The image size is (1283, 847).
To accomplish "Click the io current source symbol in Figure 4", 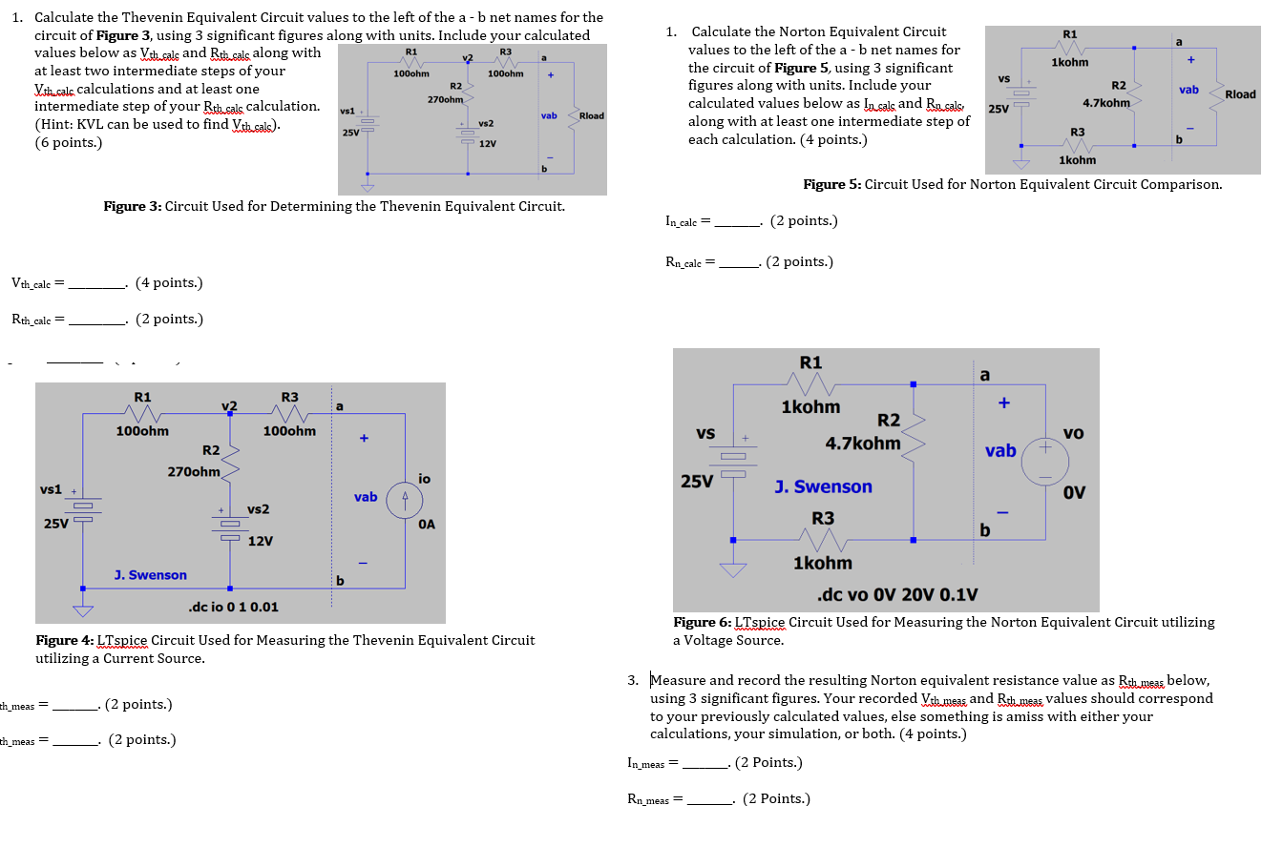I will tap(405, 497).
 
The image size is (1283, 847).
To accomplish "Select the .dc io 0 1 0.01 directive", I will tap(234, 607).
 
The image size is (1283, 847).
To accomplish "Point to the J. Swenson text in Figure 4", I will tap(150, 575).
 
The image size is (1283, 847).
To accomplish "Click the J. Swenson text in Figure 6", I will tap(823, 487).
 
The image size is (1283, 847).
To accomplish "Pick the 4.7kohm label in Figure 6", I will tap(863, 444).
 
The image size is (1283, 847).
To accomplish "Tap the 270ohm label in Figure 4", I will tap(195, 471).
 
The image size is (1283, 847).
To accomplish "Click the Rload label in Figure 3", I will tap(592, 115).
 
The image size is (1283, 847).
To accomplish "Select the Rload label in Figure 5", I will tap(1240, 94).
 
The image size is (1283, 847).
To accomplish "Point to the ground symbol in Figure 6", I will tap(733, 570).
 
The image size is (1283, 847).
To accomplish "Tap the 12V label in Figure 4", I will tap(261, 542).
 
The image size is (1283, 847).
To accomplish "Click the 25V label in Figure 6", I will tap(697, 482).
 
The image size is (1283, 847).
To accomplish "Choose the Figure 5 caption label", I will tap(1012, 185).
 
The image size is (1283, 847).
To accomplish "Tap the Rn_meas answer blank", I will tap(709, 799).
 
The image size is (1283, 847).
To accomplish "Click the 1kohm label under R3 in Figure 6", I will tap(822, 564).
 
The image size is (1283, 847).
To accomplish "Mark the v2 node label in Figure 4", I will tap(229, 405).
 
